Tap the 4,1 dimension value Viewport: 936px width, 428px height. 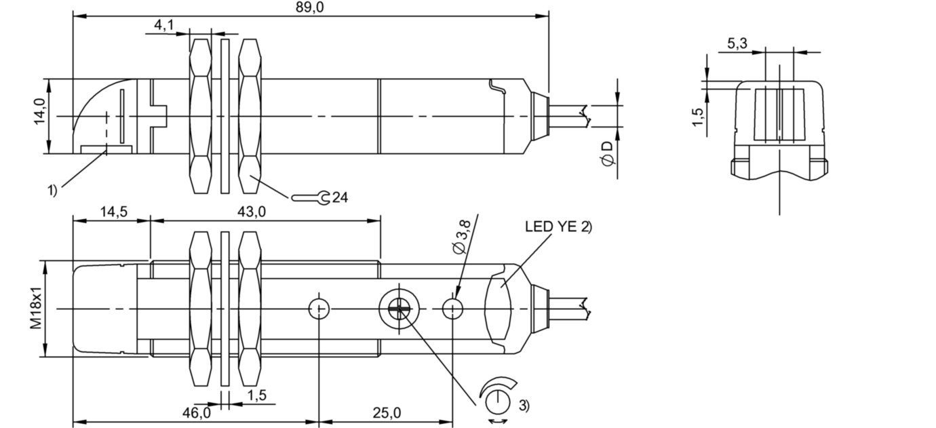(164, 26)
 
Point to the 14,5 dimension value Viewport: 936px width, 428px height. (112, 211)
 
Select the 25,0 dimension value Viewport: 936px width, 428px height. (387, 412)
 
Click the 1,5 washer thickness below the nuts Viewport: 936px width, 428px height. (256, 395)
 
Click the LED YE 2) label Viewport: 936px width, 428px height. (558, 227)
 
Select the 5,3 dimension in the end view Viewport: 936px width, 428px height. (737, 43)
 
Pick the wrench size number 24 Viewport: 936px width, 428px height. (340, 198)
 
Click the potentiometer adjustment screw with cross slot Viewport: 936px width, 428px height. (400, 309)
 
